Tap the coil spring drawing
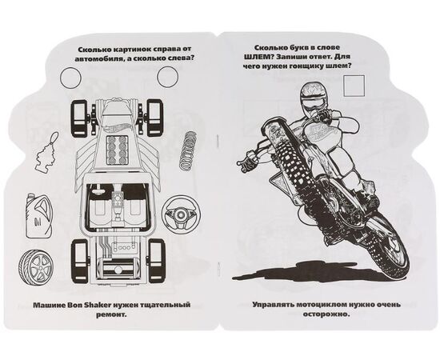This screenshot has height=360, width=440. (187, 150)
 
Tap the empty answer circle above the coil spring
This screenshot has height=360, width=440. (167, 77)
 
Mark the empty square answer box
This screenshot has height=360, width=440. (354, 86)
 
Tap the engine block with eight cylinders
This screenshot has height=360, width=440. (118, 151)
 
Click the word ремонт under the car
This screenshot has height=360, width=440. (111, 315)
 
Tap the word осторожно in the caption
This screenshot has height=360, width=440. (326, 314)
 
